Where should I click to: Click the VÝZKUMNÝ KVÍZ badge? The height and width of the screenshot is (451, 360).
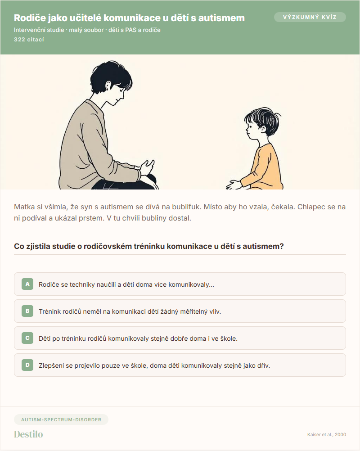click(x=310, y=17)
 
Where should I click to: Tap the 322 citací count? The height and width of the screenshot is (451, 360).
click(x=29, y=40)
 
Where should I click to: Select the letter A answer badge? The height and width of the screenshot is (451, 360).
click(x=27, y=284)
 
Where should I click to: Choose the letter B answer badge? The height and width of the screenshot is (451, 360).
click(x=27, y=311)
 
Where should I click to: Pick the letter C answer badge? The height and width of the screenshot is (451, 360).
click(x=27, y=338)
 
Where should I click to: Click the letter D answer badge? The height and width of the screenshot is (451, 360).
click(x=27, y=365)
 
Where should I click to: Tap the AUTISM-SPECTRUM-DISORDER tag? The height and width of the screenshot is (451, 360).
click(x=61, y=419)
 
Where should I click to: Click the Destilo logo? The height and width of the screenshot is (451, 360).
click(x=28, y=434)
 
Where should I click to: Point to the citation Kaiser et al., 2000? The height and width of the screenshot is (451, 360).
click(x=327, y=435)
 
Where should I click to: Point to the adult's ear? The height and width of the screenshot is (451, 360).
click(x=108, y=86)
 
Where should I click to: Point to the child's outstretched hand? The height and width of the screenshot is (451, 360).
click(x=234, y=185)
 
